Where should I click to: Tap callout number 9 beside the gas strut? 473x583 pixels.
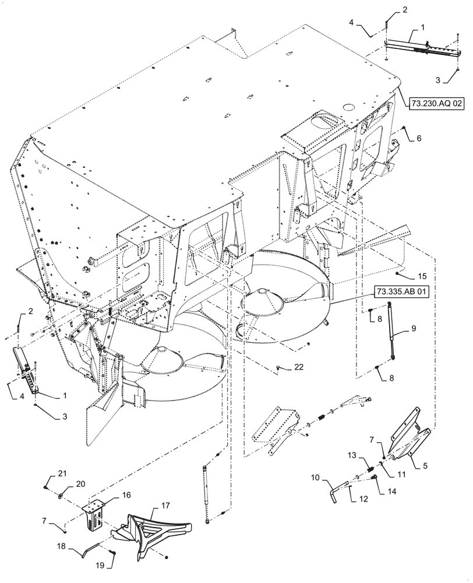[413, 329]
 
